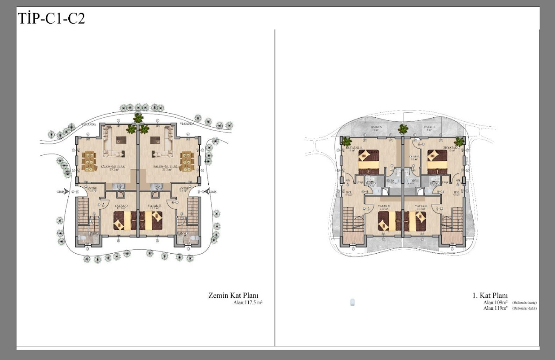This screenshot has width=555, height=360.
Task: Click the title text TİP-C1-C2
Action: pos(51,19)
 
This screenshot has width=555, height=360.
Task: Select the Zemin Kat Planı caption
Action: pos(235,295)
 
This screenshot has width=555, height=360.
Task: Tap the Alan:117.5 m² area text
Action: pos(247,302)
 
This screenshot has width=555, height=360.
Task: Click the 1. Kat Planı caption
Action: pos(493,296)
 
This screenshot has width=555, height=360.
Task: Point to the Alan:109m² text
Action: pos(495,302)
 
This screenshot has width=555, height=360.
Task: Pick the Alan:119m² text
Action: pos(495,308)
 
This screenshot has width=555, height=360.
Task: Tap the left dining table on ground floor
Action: pos(89,161)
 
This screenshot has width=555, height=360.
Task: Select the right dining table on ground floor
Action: pos(186,161)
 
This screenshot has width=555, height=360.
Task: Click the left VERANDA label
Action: pos(88,125)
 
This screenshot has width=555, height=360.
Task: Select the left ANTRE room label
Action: pos(92,189)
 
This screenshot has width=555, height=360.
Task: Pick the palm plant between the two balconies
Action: pos(403,129)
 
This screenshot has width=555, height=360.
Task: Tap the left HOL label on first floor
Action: pos(349,193)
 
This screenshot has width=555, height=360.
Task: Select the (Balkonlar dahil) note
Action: pos(524,308)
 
